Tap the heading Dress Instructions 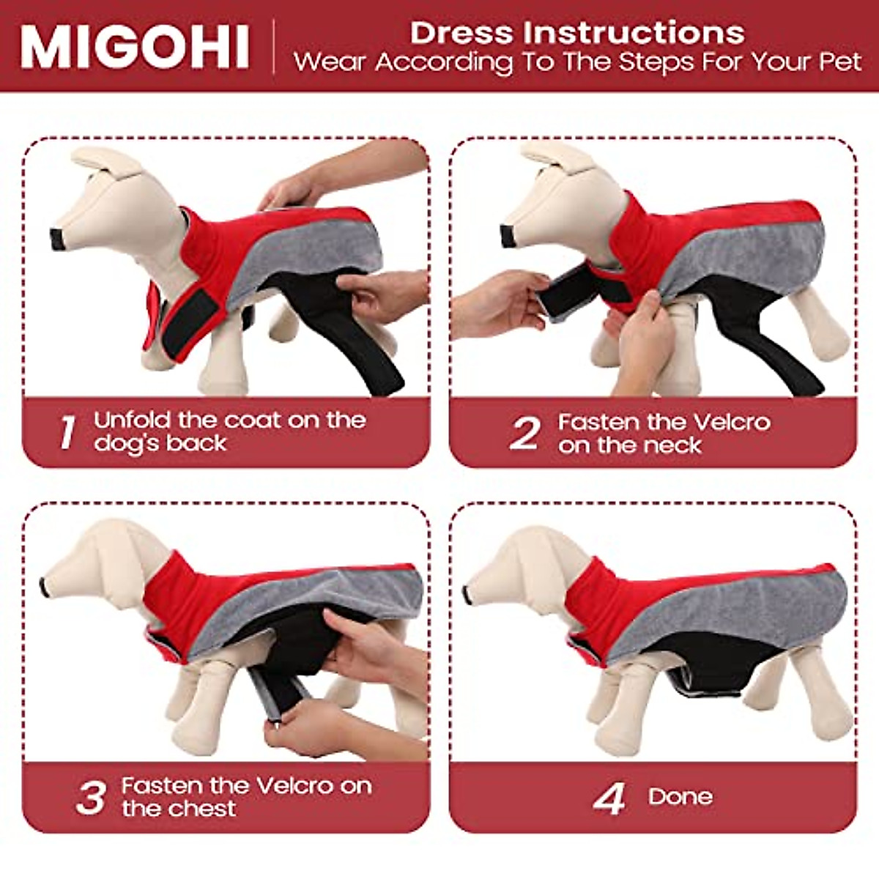(577, 33)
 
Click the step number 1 (67, 432)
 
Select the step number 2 (524, 433)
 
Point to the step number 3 (92, 798)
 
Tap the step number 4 (609, 798)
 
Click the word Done (680, 797)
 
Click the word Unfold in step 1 (132, 420)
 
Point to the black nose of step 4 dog (467, 594)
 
